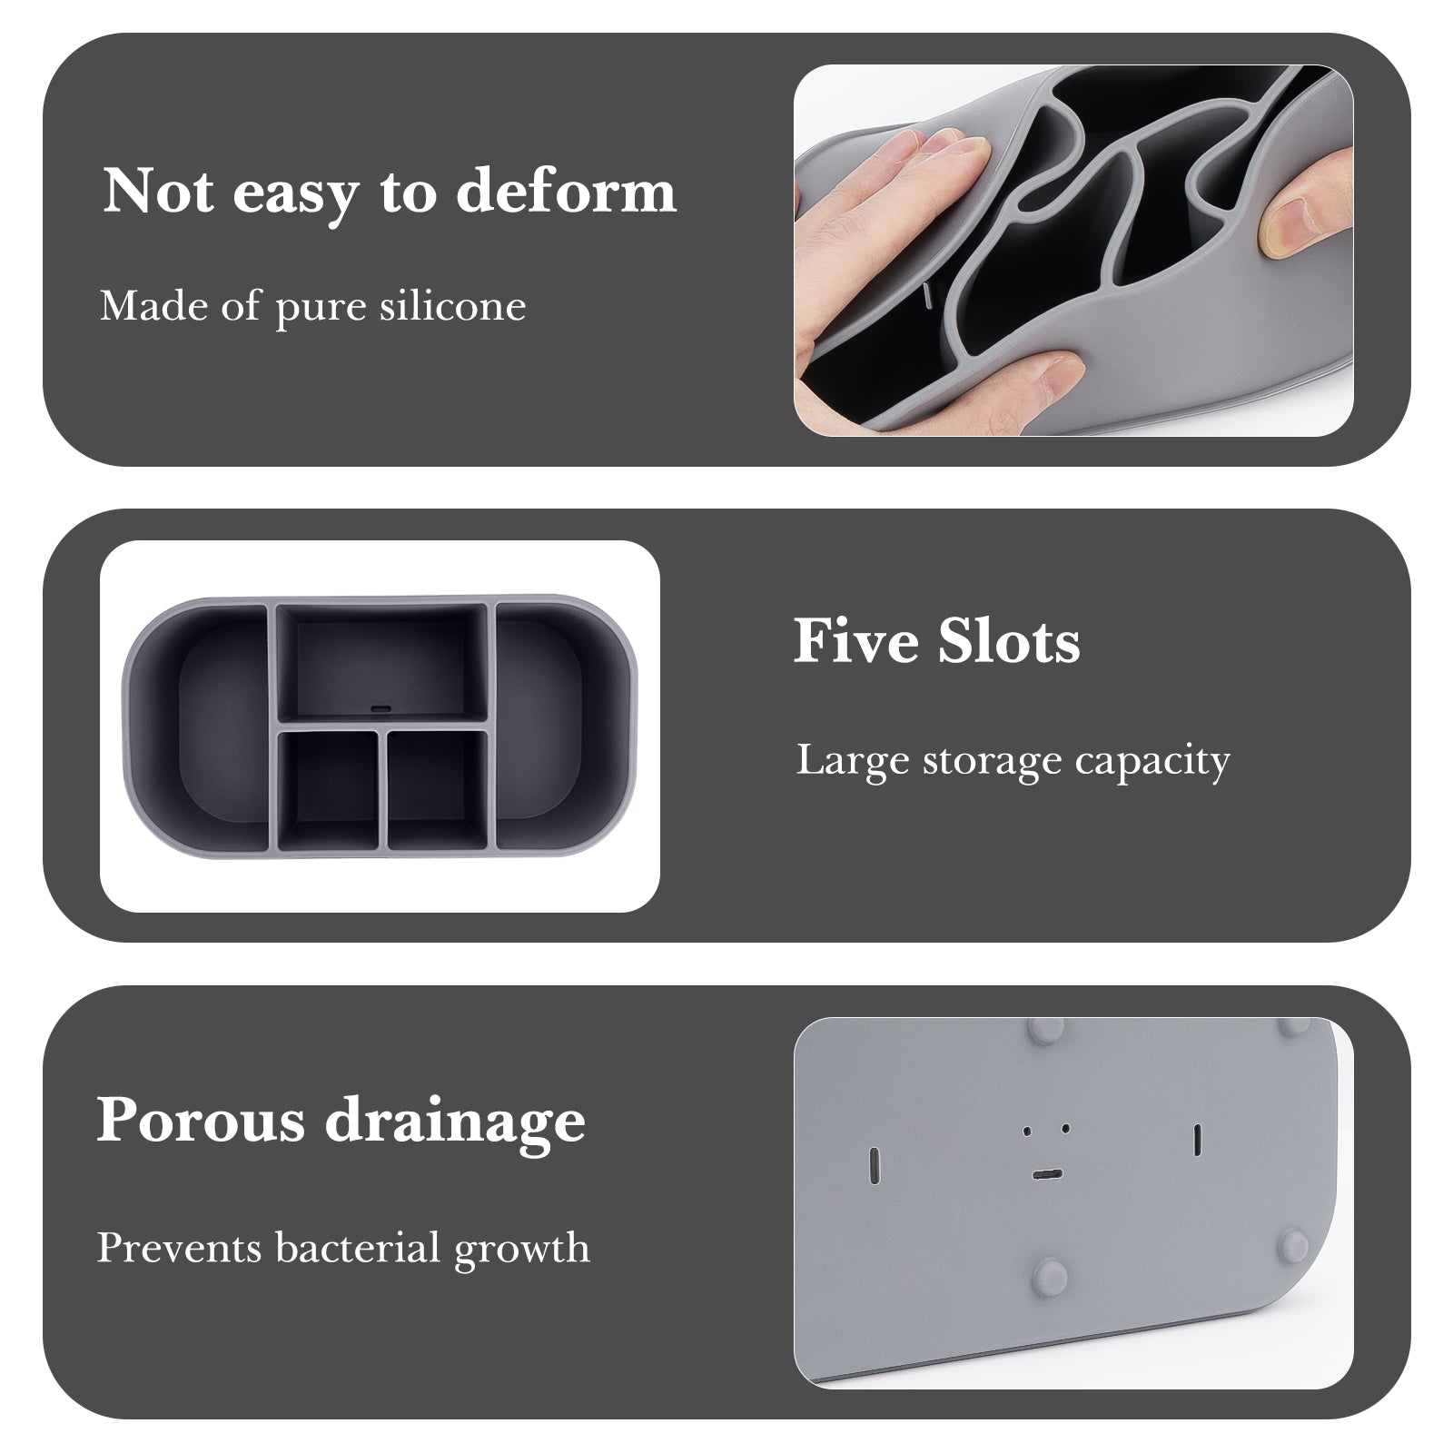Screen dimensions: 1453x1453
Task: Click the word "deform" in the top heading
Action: pyautogui.click(x=566, y=191)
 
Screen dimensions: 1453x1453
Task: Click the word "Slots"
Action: pyautogui.click(x=1009, y=641)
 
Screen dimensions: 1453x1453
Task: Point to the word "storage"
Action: pyautogui.click(x=991, y=760)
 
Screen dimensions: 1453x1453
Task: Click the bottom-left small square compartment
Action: pyautogui.click(x=328, y=789)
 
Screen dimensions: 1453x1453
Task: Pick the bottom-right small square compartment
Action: pyautogui.click(x=438, y=789)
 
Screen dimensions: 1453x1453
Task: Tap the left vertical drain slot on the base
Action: pyautogui.click(x=875, y=1164)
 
